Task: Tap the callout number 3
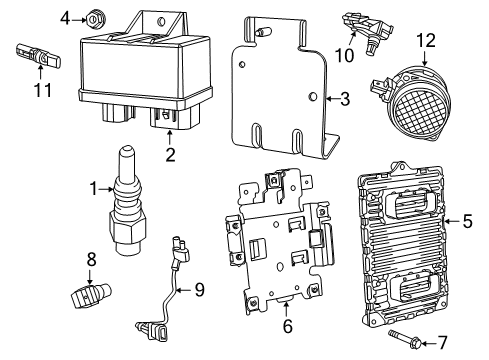pyautogui.click(x=345, y=99)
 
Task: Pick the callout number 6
pyautogui.click(x=286, y=326)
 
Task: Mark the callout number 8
pyautogui.click(x=90, y=259)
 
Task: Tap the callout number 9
pyautogui.click(x=198, y=290)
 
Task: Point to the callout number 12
pyautogui.click(x=427, y=40)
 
